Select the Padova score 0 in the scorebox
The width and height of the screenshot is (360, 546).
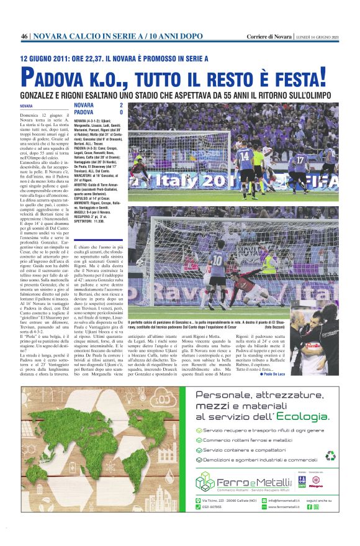pyautogui.click(x=121, y=112)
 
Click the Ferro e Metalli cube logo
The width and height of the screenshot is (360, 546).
pyautogui.click(x=204, y=481)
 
